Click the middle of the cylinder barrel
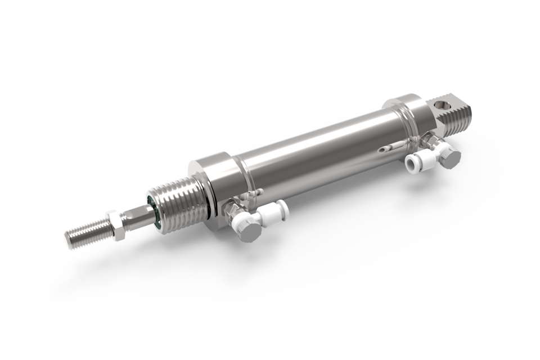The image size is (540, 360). tap(315, 146)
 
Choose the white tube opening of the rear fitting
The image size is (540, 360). tap(413, 164)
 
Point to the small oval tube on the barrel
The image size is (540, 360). tap(384, 150)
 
